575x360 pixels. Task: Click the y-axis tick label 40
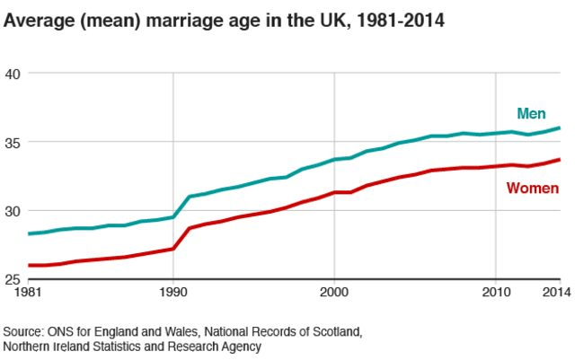(13, 73)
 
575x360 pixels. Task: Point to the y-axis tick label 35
(13, 142)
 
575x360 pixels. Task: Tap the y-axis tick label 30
(13, 211)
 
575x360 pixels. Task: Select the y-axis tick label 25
(13, 279)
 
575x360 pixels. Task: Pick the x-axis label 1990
(172, 293)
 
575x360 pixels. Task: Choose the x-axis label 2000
(334, 293)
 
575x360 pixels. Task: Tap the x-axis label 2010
(496, 293)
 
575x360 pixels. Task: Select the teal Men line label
(531, 113)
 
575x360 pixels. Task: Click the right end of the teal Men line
(559, 127)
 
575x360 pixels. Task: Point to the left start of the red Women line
(29, 265)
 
